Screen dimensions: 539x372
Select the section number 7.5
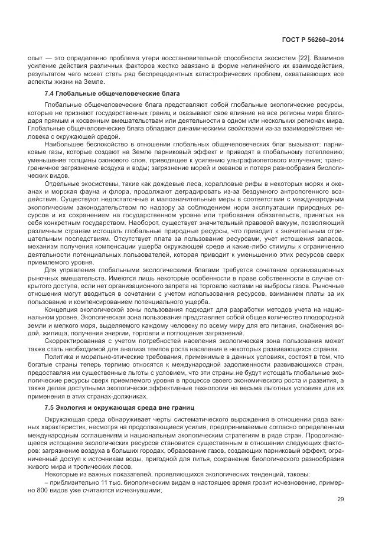click(x=50, y=408)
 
